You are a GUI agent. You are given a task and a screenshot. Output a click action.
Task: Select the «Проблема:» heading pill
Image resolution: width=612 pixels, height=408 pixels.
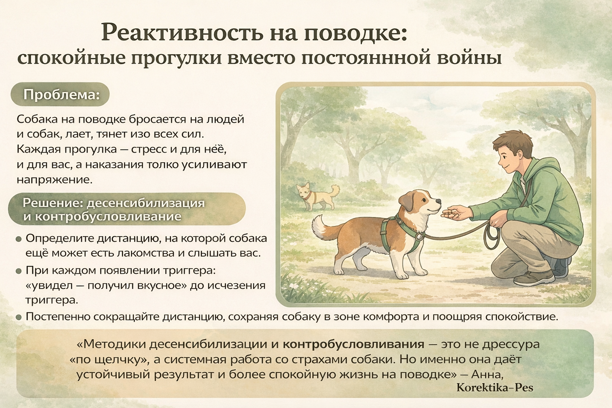(60, 94)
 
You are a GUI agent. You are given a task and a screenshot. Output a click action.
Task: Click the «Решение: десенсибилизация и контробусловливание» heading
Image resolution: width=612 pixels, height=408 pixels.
(127, 209)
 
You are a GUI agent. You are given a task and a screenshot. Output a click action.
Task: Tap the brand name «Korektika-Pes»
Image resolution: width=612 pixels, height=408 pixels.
(495, 388)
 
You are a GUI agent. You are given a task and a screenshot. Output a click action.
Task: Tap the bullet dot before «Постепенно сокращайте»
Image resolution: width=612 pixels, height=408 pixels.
(19, 318)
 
